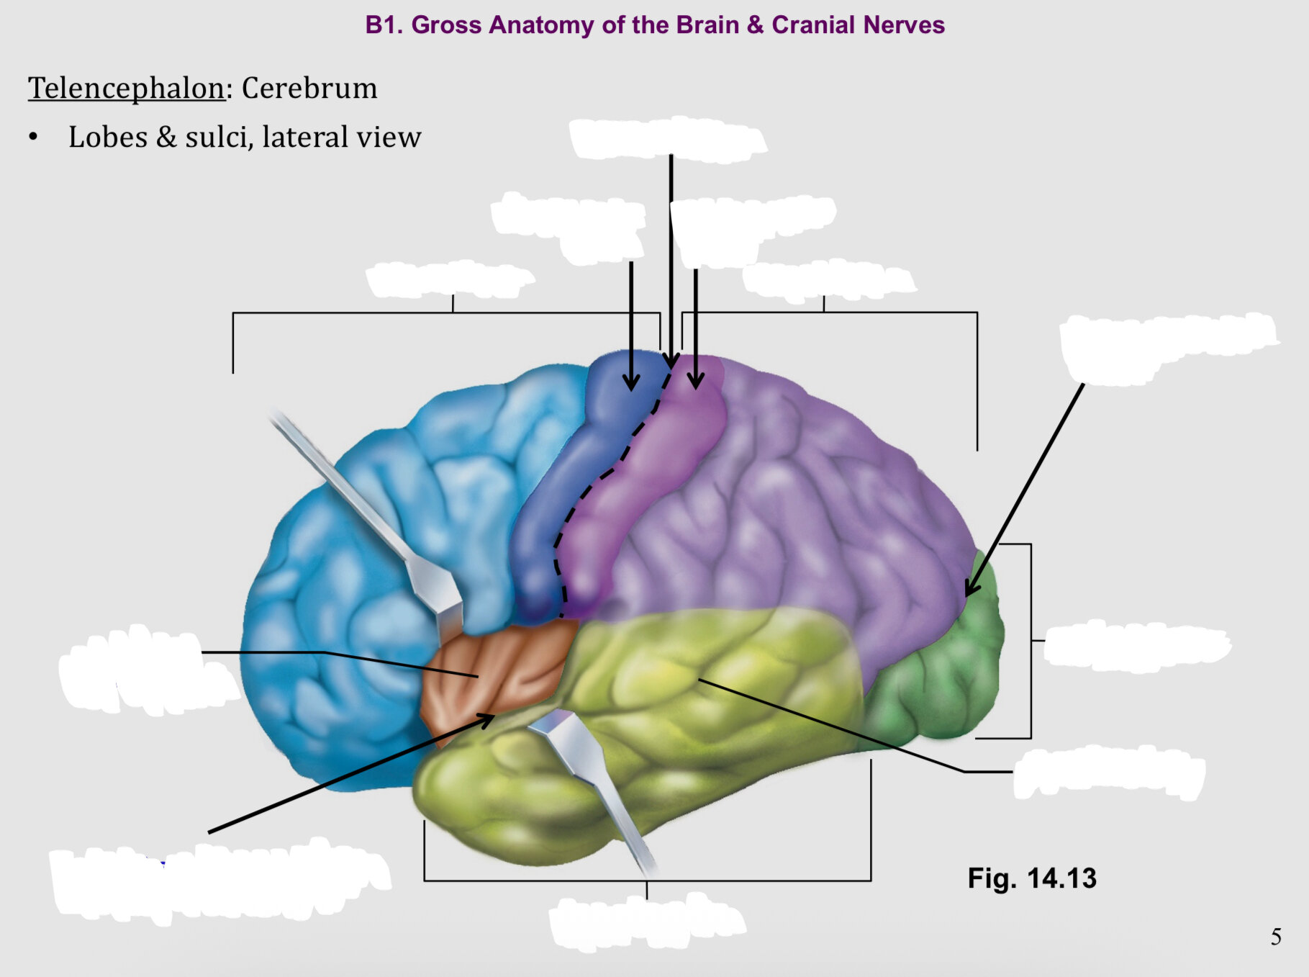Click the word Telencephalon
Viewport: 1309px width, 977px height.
[127, 89]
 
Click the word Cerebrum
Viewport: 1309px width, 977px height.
[309, 88]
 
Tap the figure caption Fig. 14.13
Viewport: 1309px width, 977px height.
[1032, 878]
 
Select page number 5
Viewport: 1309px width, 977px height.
[1276, 937]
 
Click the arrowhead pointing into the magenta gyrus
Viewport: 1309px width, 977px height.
[695, 380]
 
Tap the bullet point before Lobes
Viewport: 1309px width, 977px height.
[33, 137]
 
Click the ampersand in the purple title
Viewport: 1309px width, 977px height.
[755, 25]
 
